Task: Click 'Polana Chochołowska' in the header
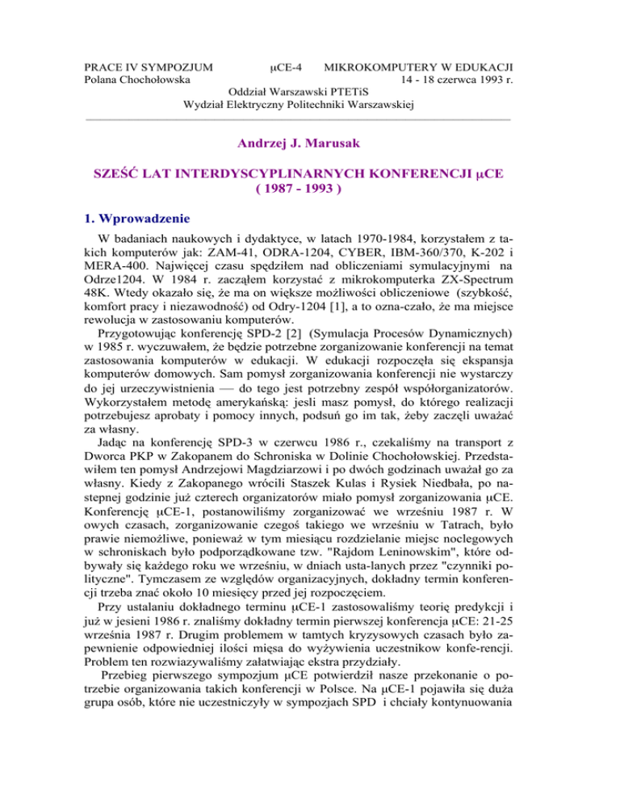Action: [138, 79]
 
